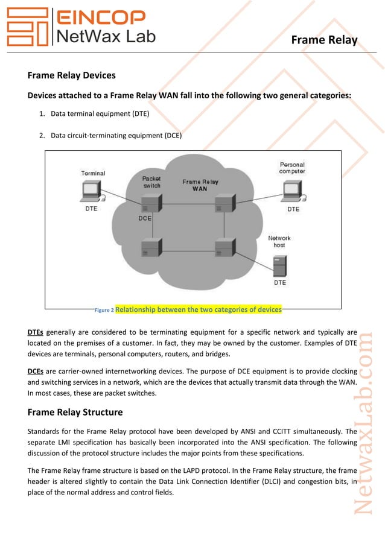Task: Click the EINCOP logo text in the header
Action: click(100, 16)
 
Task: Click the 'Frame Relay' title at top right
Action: click(324, 40)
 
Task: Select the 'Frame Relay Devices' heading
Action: click(72, 76)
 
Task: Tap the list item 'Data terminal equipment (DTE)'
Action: click(100, 113)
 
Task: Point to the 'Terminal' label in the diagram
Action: click(93, 173)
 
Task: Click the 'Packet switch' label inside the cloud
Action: click(151, 182)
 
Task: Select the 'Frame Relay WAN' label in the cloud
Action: click(200, 185)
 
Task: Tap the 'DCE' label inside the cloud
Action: click(145, 218)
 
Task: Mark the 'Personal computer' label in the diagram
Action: click(292, 168)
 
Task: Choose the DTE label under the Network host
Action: click(280, 282)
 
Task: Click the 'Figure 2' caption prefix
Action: click(104, 310)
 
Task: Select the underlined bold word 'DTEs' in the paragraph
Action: click(35, 332)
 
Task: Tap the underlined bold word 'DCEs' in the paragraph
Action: click(35, 372)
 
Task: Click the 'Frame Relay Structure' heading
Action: click(75, 413)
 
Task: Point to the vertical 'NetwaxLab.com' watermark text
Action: click(365, 422)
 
